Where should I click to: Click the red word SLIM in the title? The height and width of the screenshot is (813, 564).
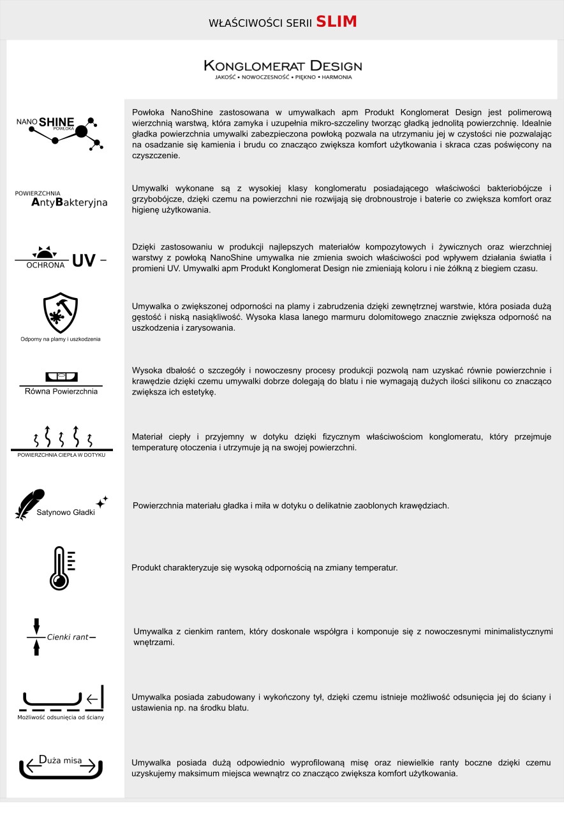pos(336,22)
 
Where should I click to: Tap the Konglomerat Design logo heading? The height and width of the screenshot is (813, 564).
pos(283,66)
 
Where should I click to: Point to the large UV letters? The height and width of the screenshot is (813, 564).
pos(84,260)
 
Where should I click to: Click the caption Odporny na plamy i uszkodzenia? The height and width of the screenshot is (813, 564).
pos(60,339)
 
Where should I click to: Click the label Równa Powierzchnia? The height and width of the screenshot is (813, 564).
pos(61,391)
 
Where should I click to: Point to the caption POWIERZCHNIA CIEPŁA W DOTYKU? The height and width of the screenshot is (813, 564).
pos(61,455)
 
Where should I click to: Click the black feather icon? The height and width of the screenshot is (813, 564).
pos(29,504)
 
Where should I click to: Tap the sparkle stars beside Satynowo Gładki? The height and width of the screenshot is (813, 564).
pos(102,502)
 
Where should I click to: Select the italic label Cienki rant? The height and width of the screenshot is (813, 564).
pos(67,638)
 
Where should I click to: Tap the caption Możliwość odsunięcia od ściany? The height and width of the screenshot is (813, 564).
pos(61,717)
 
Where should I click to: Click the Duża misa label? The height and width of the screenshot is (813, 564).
pos(61,760)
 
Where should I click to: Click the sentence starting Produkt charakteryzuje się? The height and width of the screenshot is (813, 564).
pos(264,567)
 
